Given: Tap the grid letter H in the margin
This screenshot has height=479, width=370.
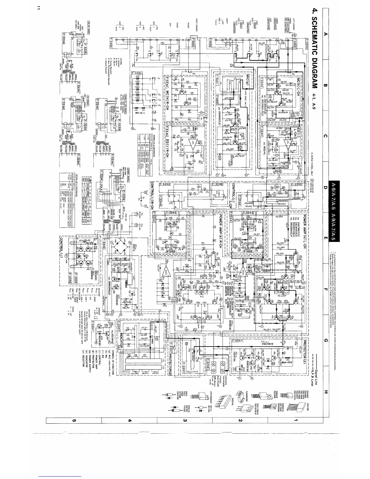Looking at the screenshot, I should tap(326, 392).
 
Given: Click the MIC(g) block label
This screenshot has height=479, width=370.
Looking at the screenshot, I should tap(248, 86).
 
